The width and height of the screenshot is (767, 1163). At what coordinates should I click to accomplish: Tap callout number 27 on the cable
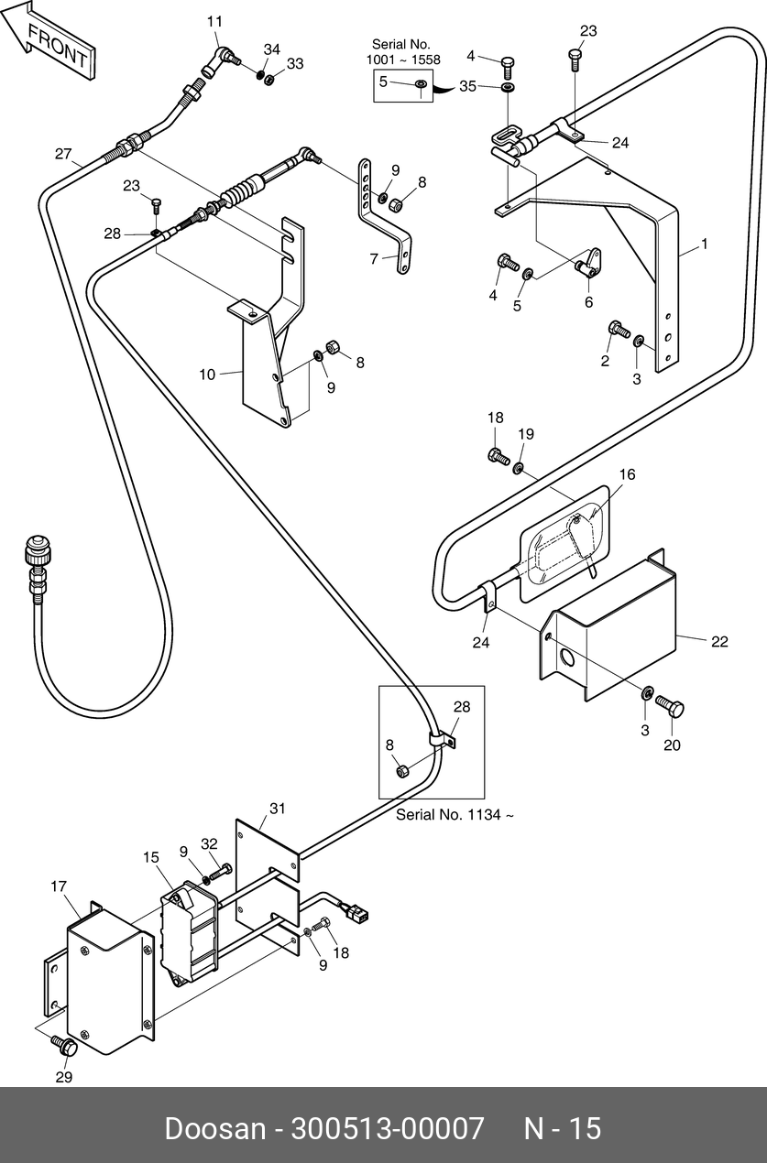coord(63,154)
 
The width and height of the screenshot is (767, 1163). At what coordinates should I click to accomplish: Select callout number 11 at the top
coord(214,21)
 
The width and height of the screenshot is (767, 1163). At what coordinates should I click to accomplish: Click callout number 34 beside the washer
coord(272,49)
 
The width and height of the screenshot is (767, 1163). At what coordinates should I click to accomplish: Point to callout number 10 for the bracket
coord(207,375)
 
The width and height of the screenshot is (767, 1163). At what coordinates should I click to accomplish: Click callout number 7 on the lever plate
coord(374,258)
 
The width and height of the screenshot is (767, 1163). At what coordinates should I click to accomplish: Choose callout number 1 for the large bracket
coord(704,244)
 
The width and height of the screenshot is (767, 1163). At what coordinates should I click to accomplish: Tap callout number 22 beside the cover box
coord(719,642)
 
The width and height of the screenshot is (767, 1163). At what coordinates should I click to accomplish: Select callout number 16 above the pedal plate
coord(627,474)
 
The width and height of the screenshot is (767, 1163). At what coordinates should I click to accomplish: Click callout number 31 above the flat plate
coord(278,809)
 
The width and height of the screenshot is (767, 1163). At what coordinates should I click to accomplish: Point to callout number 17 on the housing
coord(59,886)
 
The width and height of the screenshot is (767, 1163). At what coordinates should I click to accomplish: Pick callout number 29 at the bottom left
coord(64,1077)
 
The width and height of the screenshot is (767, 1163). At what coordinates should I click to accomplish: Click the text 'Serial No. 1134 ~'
coord(455,815)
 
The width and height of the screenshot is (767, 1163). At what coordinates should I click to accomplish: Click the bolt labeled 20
coord(669,707)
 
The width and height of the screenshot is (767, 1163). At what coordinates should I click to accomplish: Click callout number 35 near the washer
coord(467,86)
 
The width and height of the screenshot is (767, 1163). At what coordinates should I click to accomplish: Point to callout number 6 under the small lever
coord(588,302)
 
